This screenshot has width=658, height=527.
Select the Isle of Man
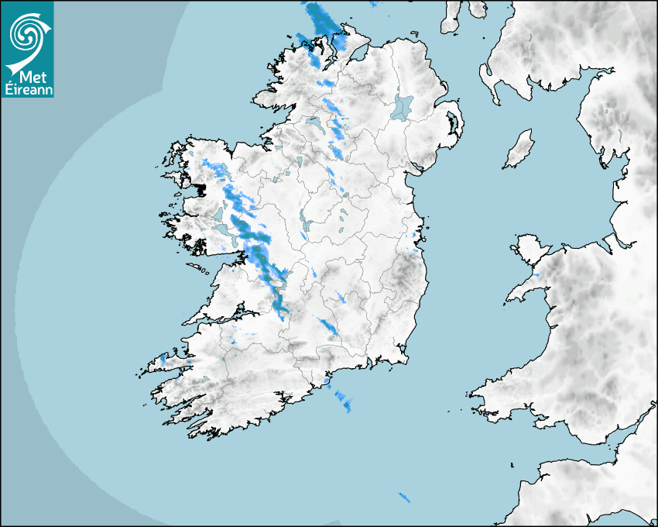click(x=519, y=150)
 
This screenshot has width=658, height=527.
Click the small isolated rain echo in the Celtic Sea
click(x=403, y=497)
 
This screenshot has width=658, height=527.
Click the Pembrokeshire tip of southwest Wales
click(x=484, y=395)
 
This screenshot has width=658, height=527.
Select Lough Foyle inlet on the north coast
click(x=358, y=53)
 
